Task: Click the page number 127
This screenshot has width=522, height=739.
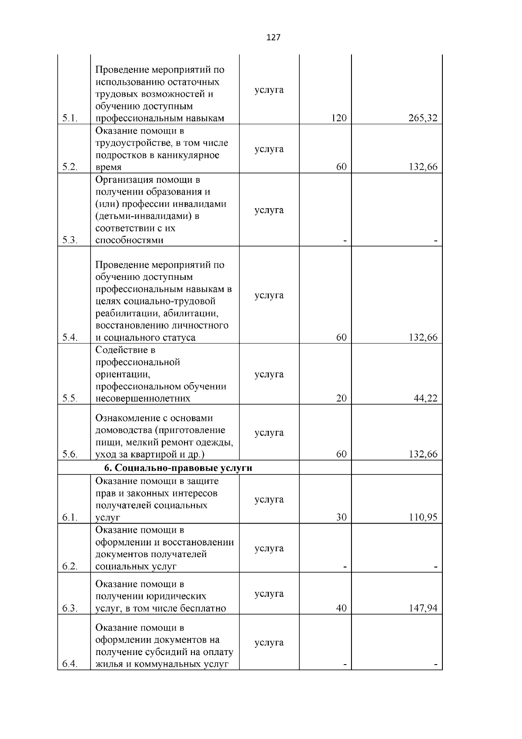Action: [x=273, y=37]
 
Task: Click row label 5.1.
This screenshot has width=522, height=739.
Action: [x=70, y=118]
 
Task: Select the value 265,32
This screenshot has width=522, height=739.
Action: [x=423, y=118]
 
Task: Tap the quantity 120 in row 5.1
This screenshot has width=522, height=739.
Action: [x=338, y=118]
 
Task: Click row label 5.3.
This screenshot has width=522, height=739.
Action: [x=70, y=240]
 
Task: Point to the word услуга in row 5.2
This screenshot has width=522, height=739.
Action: [x=269, y=149]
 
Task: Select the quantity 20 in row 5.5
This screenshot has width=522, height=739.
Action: [x=341, y=399]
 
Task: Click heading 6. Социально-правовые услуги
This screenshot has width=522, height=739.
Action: [x=178, y=468]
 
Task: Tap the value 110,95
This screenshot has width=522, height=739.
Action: [x=423, y=517]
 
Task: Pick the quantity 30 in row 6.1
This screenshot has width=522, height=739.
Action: [x=341, y=517]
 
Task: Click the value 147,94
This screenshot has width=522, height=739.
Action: [x=423, y=608]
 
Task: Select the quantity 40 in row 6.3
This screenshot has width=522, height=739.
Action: [x=341, y=608]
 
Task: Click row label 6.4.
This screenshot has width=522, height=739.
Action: [x=70, y=664]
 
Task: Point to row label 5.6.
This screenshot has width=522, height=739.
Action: [x=70, y=454]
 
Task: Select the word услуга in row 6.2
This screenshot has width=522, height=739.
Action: [x=269, y=548]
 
